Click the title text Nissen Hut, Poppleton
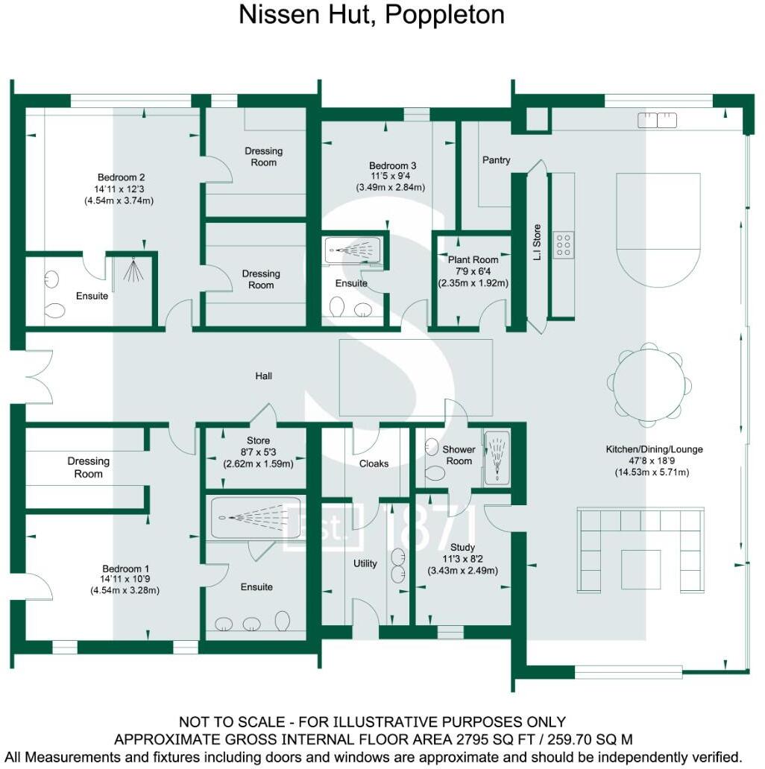pos(371,15)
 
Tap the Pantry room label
pos(496,159)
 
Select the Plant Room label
pos(473,259)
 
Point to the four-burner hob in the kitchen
pos(563,244)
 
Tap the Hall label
pos(263,376)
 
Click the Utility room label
pos(365,563)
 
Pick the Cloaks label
pos(374,463)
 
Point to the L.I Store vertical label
pos(536,240)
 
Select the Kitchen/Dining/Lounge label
pos(654,449)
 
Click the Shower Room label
pos(459,455)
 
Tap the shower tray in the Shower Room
pos(497,458)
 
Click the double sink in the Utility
pos(398,564)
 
